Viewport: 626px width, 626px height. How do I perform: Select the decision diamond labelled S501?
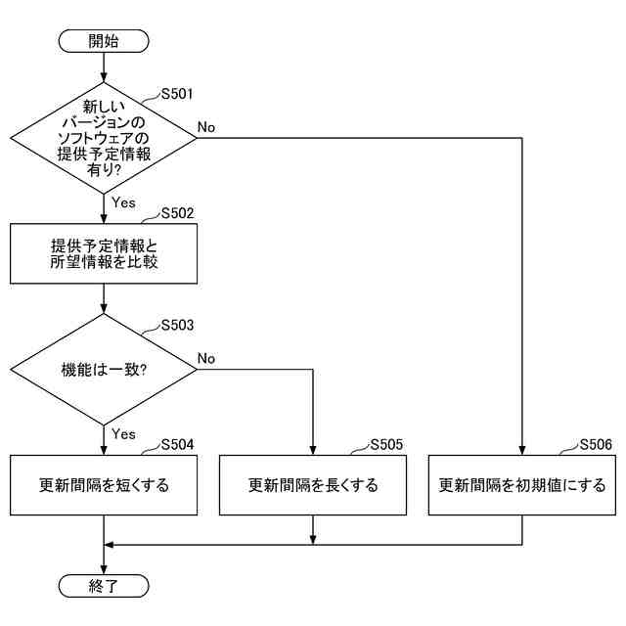(104, 137)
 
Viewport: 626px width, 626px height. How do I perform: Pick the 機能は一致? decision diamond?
(104, 370)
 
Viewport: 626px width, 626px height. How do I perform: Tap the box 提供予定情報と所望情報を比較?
(104, 253)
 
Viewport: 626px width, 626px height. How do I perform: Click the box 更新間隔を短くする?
(104, 485)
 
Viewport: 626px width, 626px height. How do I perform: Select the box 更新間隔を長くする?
(313, 485)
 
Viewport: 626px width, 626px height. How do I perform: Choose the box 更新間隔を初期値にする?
(522, 485)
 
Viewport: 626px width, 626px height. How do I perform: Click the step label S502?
(177, 212)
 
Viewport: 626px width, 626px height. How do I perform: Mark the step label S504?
(177, 444)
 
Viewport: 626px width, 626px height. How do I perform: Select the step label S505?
(386, 444)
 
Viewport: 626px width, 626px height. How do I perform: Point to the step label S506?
(596, 444)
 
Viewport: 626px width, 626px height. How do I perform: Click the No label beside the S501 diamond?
(206, 127)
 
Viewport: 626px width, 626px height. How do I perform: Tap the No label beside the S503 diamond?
(206, 359)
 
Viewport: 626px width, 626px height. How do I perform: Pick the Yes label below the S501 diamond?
(123, 202)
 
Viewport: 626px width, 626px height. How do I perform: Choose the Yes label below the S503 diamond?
(123, 433)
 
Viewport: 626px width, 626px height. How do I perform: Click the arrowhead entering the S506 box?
(522, 450)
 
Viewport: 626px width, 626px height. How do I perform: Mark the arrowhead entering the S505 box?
(313, 450)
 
